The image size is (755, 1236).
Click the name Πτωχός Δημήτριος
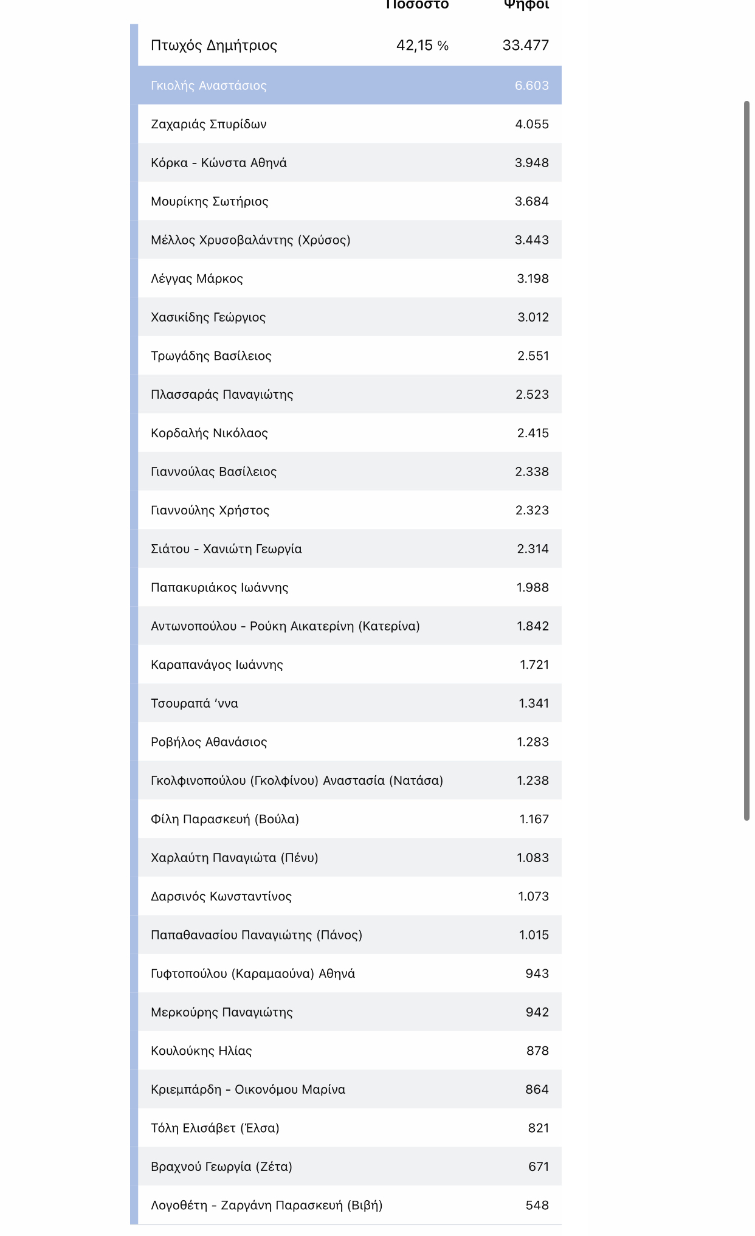click(214, 45)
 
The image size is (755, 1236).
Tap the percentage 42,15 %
click(422, 45)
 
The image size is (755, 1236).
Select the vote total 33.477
click(525, 45)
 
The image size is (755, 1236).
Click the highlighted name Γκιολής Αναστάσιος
click(209, 85)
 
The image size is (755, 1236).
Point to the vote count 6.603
click(531, 85)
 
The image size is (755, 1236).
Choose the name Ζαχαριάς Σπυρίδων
click(209, 124)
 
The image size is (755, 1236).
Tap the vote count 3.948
click(531, 163)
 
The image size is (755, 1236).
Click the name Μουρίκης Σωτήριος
click(210, 201)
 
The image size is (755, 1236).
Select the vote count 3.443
click(531, 240)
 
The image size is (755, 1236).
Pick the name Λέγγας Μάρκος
click(197, 278)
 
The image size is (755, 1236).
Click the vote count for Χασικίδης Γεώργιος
click(533, 317)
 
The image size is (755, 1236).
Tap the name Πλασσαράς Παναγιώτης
click(222, 395)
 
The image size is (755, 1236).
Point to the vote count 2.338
click(531, 472)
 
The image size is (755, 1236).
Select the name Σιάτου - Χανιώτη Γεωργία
click(226, 549)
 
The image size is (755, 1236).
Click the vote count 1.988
click(532, 587)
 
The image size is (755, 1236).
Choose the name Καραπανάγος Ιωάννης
click(217, 665)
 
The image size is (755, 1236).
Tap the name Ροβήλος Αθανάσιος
click(209, 742)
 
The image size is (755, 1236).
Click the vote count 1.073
click(533, 896)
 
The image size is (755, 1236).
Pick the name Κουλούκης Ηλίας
click(201, 1051)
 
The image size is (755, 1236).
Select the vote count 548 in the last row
click(537, 1205)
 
